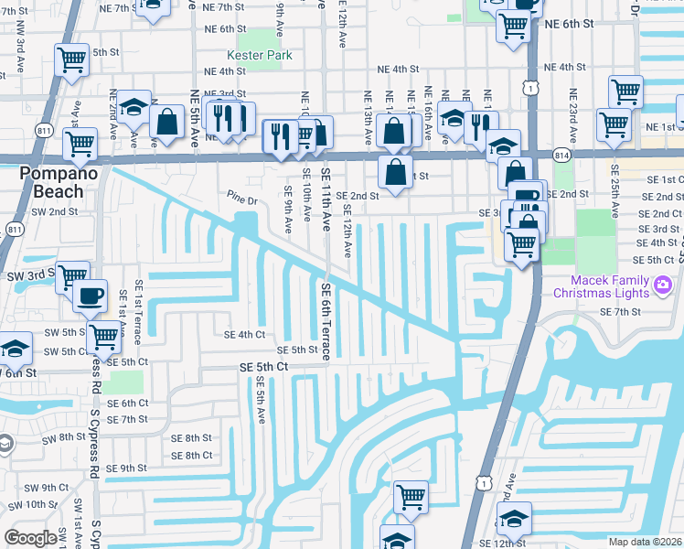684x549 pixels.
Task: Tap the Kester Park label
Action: [260, 56]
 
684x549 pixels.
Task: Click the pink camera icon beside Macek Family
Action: [661, 286]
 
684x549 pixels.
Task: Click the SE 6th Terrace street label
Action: [326, 319]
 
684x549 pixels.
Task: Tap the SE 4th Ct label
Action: [244, 335]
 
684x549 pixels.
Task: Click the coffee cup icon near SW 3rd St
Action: [90, 297]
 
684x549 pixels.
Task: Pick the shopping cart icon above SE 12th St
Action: [411, 498]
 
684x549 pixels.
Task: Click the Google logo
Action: [30, 538]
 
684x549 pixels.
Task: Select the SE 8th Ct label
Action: [191, 455]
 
